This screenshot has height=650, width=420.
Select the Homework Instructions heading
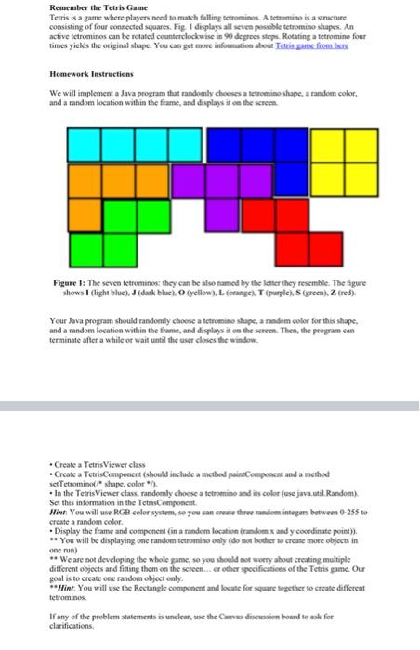click(91, 73)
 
